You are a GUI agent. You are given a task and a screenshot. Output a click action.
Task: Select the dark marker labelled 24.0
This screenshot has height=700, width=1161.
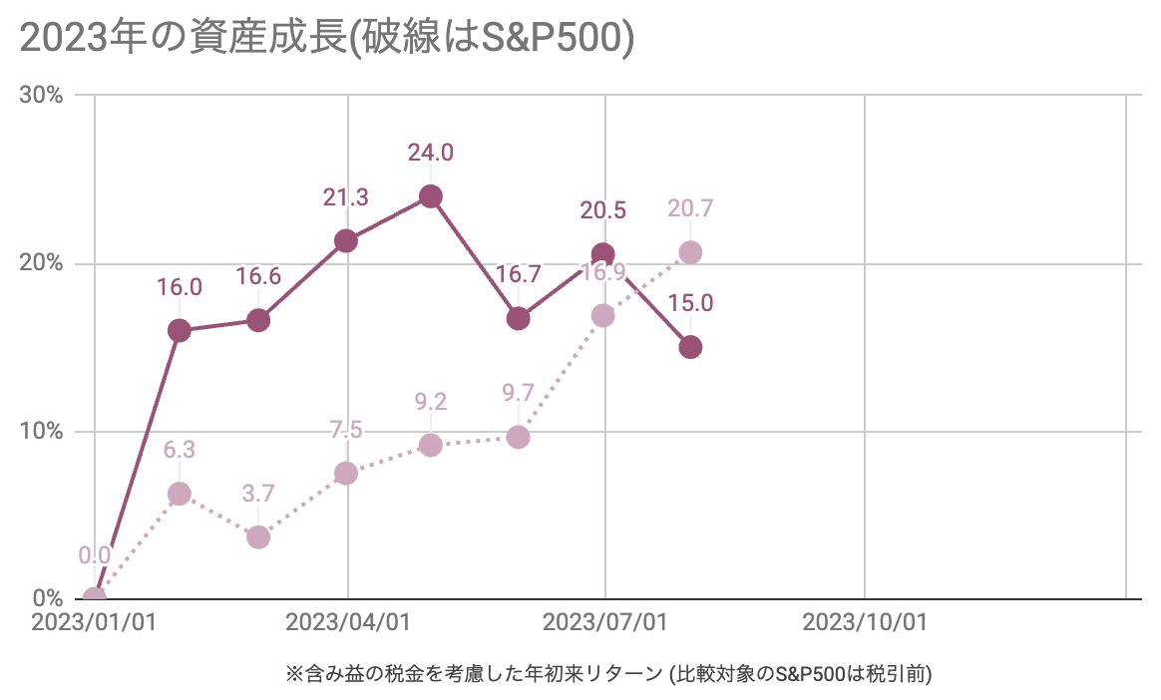(431, 196)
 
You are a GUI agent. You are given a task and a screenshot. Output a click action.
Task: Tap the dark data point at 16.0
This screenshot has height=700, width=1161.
(180, 330)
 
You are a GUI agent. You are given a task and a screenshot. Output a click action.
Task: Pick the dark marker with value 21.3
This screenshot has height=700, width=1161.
(346, 240)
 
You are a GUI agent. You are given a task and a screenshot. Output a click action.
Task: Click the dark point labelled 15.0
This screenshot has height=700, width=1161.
(690, 347)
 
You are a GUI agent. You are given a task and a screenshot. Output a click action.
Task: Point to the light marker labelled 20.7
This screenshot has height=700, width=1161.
(690, 252)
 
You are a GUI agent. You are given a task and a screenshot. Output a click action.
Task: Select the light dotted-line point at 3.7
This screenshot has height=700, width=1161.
(258, 537)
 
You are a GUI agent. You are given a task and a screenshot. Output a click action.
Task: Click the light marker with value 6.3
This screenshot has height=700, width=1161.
(180, 494)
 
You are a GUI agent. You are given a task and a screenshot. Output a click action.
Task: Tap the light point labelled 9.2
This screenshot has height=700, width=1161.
(431, 445)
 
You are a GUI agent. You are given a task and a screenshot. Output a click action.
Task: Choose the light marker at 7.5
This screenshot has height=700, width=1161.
(346, 473)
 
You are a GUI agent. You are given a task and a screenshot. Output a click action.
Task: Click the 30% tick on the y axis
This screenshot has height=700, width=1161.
(42, 96)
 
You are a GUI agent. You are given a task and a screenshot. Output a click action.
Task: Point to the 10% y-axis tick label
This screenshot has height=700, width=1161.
(42, 432)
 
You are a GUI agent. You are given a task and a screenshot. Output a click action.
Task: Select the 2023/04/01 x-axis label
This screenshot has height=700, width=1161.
(348, 623)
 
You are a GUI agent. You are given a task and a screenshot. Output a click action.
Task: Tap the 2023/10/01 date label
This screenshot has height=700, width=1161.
(865, 623)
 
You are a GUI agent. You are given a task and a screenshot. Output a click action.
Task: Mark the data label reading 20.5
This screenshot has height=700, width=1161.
(603, 210)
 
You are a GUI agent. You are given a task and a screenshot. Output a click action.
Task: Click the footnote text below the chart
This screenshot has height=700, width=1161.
(608, 675)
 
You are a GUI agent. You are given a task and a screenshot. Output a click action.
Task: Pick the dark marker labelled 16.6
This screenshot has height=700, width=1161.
(258, 320)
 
